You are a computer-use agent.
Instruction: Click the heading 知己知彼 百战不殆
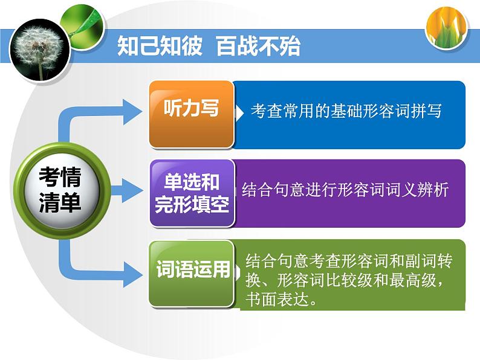209,46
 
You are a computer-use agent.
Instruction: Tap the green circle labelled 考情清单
62,190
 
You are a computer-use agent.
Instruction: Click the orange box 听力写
192,114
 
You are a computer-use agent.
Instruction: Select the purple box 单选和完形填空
192,193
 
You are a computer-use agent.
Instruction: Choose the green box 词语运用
192,274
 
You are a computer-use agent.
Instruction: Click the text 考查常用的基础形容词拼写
346,111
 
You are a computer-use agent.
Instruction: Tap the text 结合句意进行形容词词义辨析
345,189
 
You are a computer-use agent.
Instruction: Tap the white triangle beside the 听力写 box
239,113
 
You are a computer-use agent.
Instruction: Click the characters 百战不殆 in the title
258,46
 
